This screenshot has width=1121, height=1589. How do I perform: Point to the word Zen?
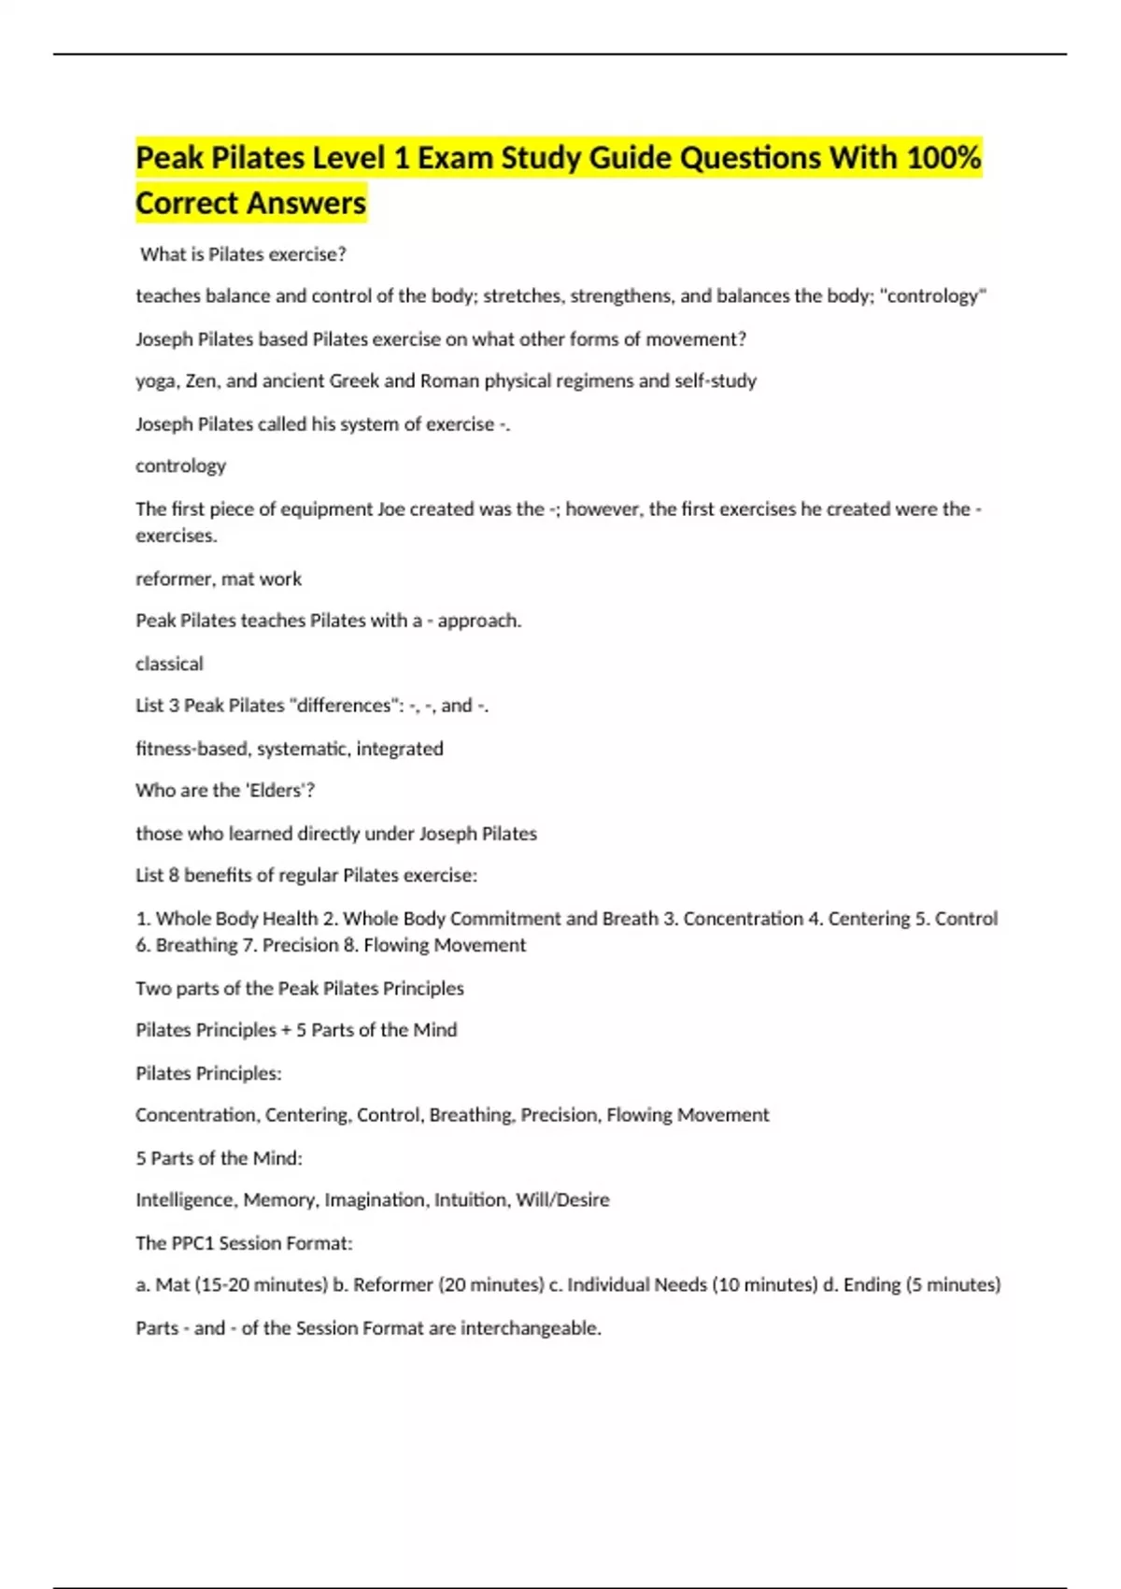(202, 380)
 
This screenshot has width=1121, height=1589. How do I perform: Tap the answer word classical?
(169, 664)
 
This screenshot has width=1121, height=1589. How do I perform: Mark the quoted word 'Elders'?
(276, 791)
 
